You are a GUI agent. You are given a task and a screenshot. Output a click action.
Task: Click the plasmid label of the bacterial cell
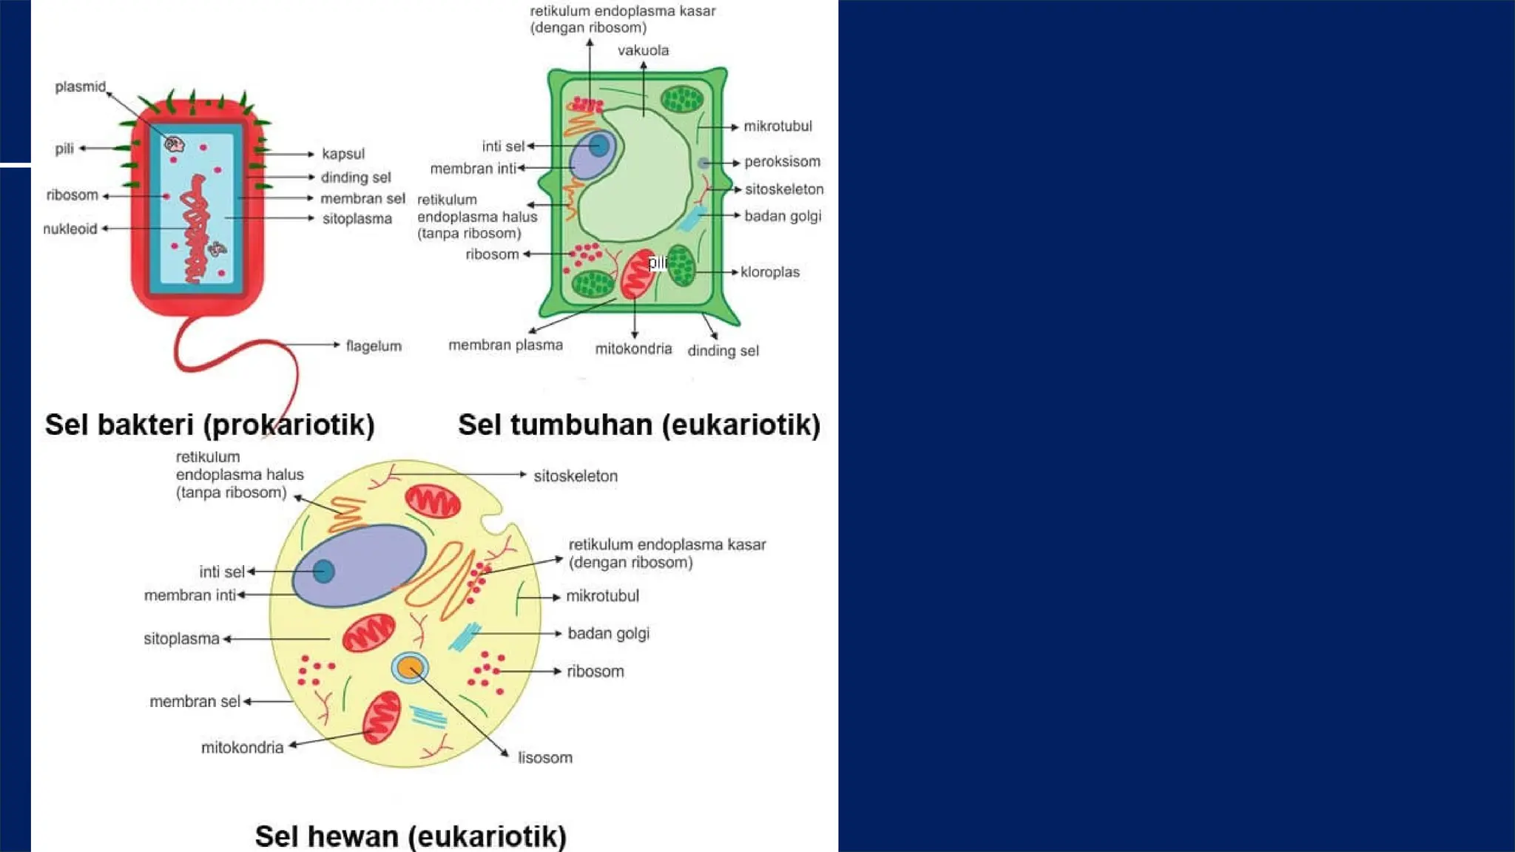(x=80, y=87)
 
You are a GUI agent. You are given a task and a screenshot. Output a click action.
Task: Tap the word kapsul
(x=343, y=154)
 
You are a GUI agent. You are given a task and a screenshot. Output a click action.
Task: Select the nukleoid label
(x=70, y=229)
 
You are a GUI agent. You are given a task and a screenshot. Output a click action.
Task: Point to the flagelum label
(x=374, y=346)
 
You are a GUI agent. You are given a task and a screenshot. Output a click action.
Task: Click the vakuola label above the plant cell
(x=643, y=50)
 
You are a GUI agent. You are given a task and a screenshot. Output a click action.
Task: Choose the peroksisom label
(x=782, y=162)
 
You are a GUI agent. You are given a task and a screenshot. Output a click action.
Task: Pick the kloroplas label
(x=770, y=272)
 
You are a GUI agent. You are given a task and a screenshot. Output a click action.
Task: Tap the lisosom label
(x=545, y=758)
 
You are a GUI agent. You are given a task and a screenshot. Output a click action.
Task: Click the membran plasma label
(x=505, y=345)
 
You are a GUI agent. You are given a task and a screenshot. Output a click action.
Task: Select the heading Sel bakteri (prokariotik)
(x=210, y=425)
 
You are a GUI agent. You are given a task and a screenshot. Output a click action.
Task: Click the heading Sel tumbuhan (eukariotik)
(x=639, y=425)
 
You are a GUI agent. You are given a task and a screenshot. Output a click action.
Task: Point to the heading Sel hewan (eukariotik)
(x=411, y=836)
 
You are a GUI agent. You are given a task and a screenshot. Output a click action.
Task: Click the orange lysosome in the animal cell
(x=409, y=668)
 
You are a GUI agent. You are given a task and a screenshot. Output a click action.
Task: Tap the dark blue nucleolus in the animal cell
(x=323, y=571)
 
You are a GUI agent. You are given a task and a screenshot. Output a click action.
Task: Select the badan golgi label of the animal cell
(x=608, y=634)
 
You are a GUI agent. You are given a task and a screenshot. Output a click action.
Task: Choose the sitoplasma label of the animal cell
(x=181, y=639)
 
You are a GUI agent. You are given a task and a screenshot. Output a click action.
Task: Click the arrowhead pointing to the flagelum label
(x=337, y=345)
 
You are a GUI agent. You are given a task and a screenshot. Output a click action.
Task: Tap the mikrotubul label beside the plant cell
(x=777, y=126)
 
